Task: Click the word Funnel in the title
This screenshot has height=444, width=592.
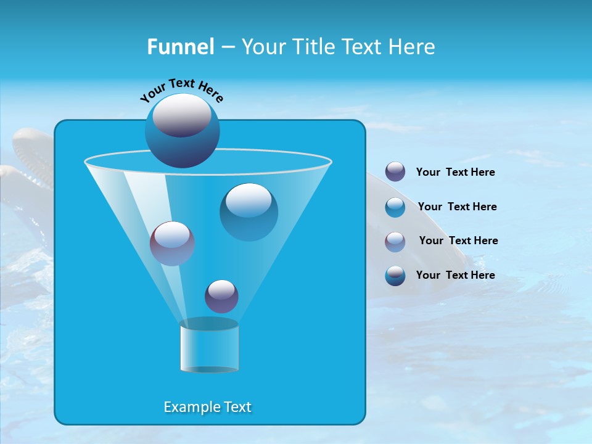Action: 180,47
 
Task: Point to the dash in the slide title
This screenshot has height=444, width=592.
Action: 228,47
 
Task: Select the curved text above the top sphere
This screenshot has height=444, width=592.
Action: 181,91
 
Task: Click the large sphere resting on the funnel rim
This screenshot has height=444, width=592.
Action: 182,131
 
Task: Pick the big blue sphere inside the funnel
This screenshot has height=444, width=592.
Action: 249,212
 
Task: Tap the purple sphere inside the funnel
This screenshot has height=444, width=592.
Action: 172,244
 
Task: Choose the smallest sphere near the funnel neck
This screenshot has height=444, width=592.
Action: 221,296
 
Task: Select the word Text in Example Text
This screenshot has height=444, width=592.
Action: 237,407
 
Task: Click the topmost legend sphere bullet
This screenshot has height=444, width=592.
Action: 395,172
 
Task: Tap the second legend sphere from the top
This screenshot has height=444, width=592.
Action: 395,207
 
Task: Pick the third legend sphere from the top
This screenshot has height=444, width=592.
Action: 395,241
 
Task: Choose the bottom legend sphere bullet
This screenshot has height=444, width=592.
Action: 395,275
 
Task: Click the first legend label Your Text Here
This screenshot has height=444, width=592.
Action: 455,173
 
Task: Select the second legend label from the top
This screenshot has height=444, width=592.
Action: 457,207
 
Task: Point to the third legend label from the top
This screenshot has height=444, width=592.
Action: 458,240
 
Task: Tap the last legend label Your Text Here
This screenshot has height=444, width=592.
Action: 455,275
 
